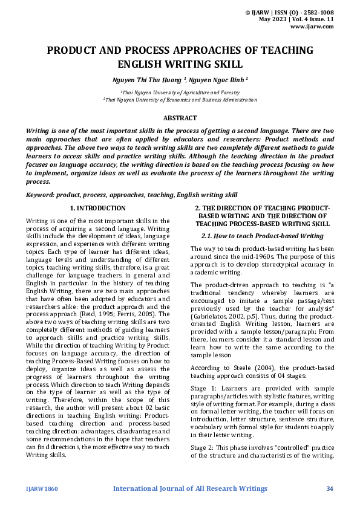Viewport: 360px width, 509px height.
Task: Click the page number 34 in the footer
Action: pos(330,488)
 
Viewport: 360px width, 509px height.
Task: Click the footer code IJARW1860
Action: pos(42,488)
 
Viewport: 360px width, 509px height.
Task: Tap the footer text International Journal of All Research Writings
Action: pos(190,488)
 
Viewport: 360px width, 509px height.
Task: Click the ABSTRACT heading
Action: pos(180,118)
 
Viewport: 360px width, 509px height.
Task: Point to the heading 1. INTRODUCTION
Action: pos(98,209)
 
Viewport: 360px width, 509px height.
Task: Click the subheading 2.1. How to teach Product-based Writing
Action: pos(261,236)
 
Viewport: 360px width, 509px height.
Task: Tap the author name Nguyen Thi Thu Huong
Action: pos(147,79)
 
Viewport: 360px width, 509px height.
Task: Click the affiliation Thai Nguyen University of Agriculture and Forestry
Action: pos(180,92)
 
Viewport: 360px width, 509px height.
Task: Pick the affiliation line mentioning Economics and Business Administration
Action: pos(180,100)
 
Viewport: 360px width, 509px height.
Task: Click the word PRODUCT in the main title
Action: pos(73,51)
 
